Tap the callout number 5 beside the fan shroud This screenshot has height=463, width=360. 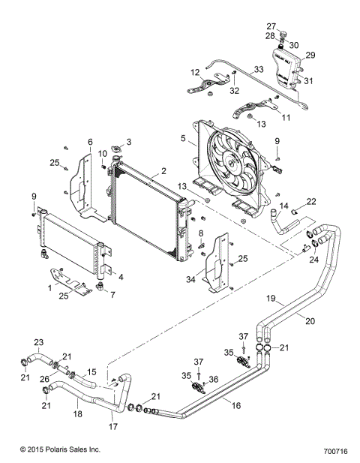pyautogui.click(x=183, y=138)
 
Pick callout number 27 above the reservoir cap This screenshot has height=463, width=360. pyautogui.click(x=271, y=26)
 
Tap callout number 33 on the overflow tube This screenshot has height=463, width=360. pyautogui.click(x=259, y=69)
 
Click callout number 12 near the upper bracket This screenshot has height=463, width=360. pyautogui.click(x=194, y=72)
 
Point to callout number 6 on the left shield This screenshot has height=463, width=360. pyautogui.click(x=90, y=141)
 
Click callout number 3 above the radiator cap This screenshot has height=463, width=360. pyautogui.click(x=128, y=141)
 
